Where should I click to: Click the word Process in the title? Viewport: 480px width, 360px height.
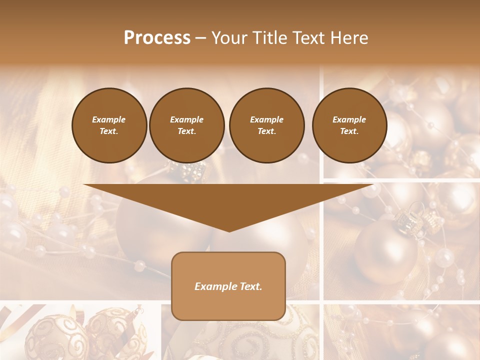(x=157, y=38)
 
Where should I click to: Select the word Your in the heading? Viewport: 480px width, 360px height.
(x=229, y=38)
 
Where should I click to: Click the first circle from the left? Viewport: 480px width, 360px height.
(x=109, y=125)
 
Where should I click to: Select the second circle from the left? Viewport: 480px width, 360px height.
(x=186, y=125)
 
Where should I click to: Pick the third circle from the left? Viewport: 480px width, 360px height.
(x=266, y=125)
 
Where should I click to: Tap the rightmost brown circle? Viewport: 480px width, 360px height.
(x=349, y=125)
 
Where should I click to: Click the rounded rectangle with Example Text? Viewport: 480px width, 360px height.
(x=228, y=286)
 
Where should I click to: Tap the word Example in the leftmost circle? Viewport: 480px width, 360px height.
(x=109, y=119)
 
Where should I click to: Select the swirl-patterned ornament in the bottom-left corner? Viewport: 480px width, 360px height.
(x=50, y=335)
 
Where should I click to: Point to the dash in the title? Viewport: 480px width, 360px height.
(x=200, y=38)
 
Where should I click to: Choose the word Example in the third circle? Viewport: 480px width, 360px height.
(x=266, y=119)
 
